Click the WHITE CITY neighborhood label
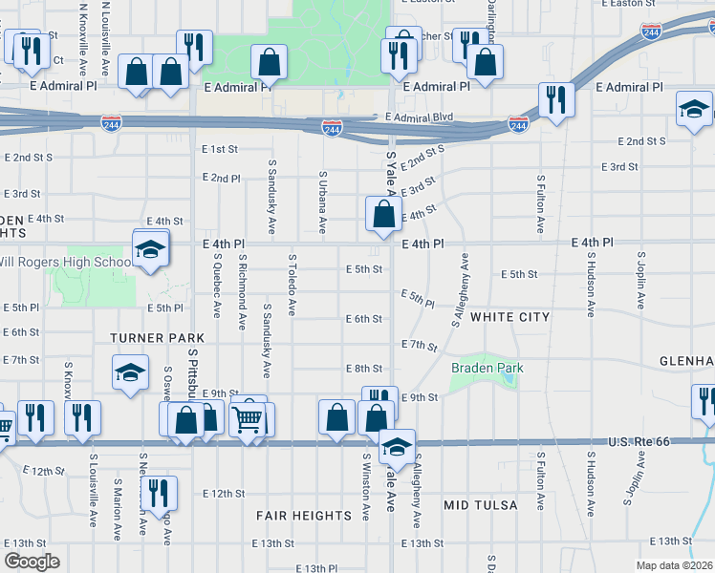click(x=510, y=317)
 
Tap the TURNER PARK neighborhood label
click(x=158, y=338)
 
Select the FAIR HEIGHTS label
click(x=304, y=516)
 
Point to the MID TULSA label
click(x=481, y=504)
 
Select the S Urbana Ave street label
click(x=323, y=203)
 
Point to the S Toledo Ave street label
click(x=292, y=285)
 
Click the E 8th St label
click(x=363, y=369)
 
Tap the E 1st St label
click(x=220, y=149)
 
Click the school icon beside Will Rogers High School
click(x=150, y=249)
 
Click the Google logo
click(x=32, y=562)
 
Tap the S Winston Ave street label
click(x=366, y=486)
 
